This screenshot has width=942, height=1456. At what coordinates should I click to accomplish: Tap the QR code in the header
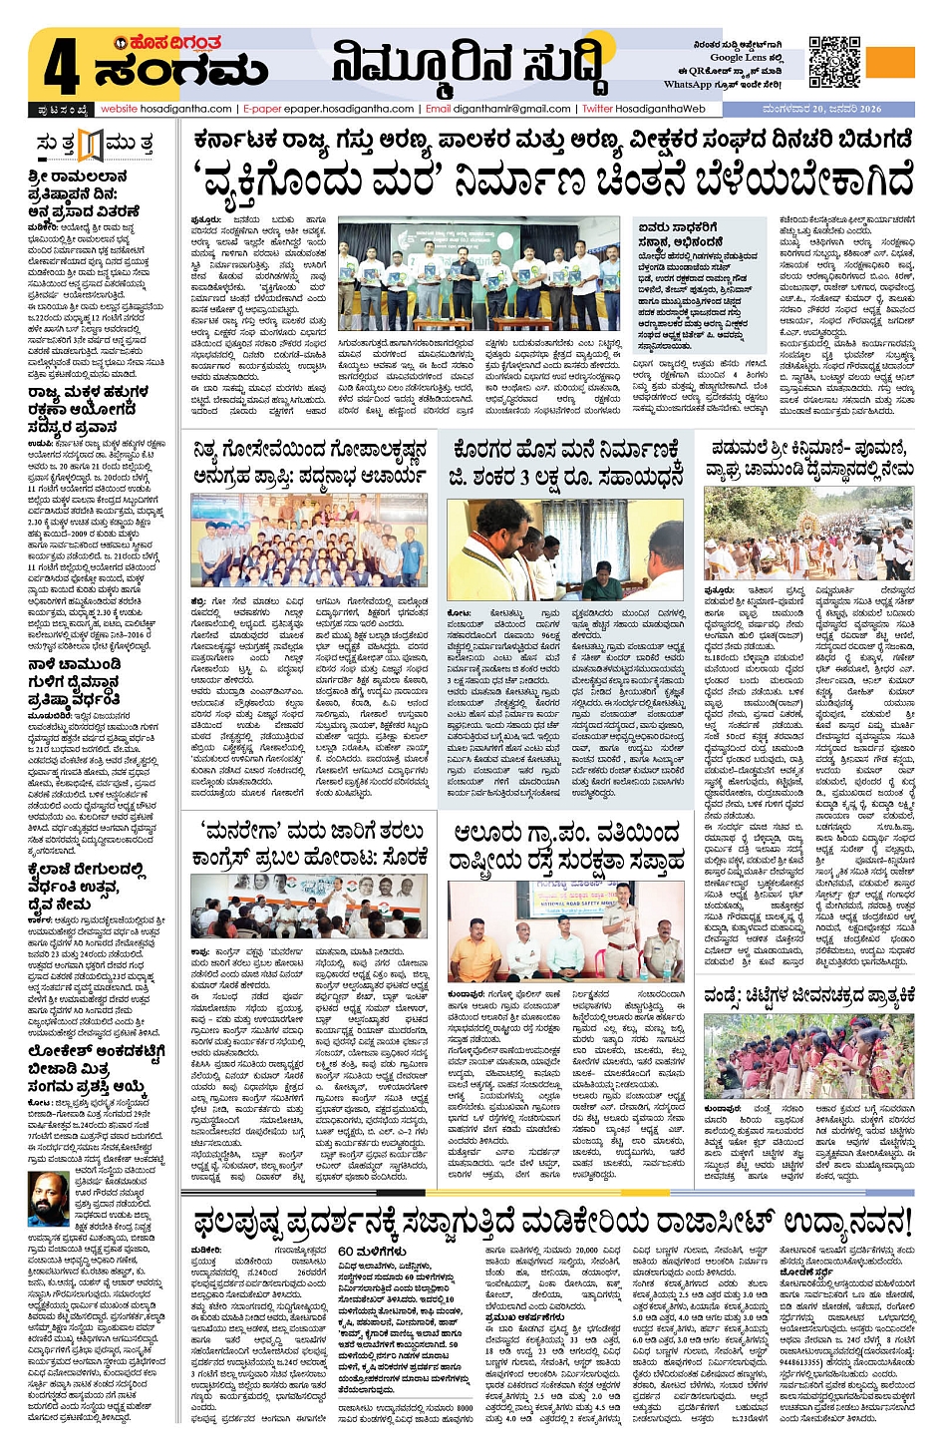(x=833, y=62)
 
